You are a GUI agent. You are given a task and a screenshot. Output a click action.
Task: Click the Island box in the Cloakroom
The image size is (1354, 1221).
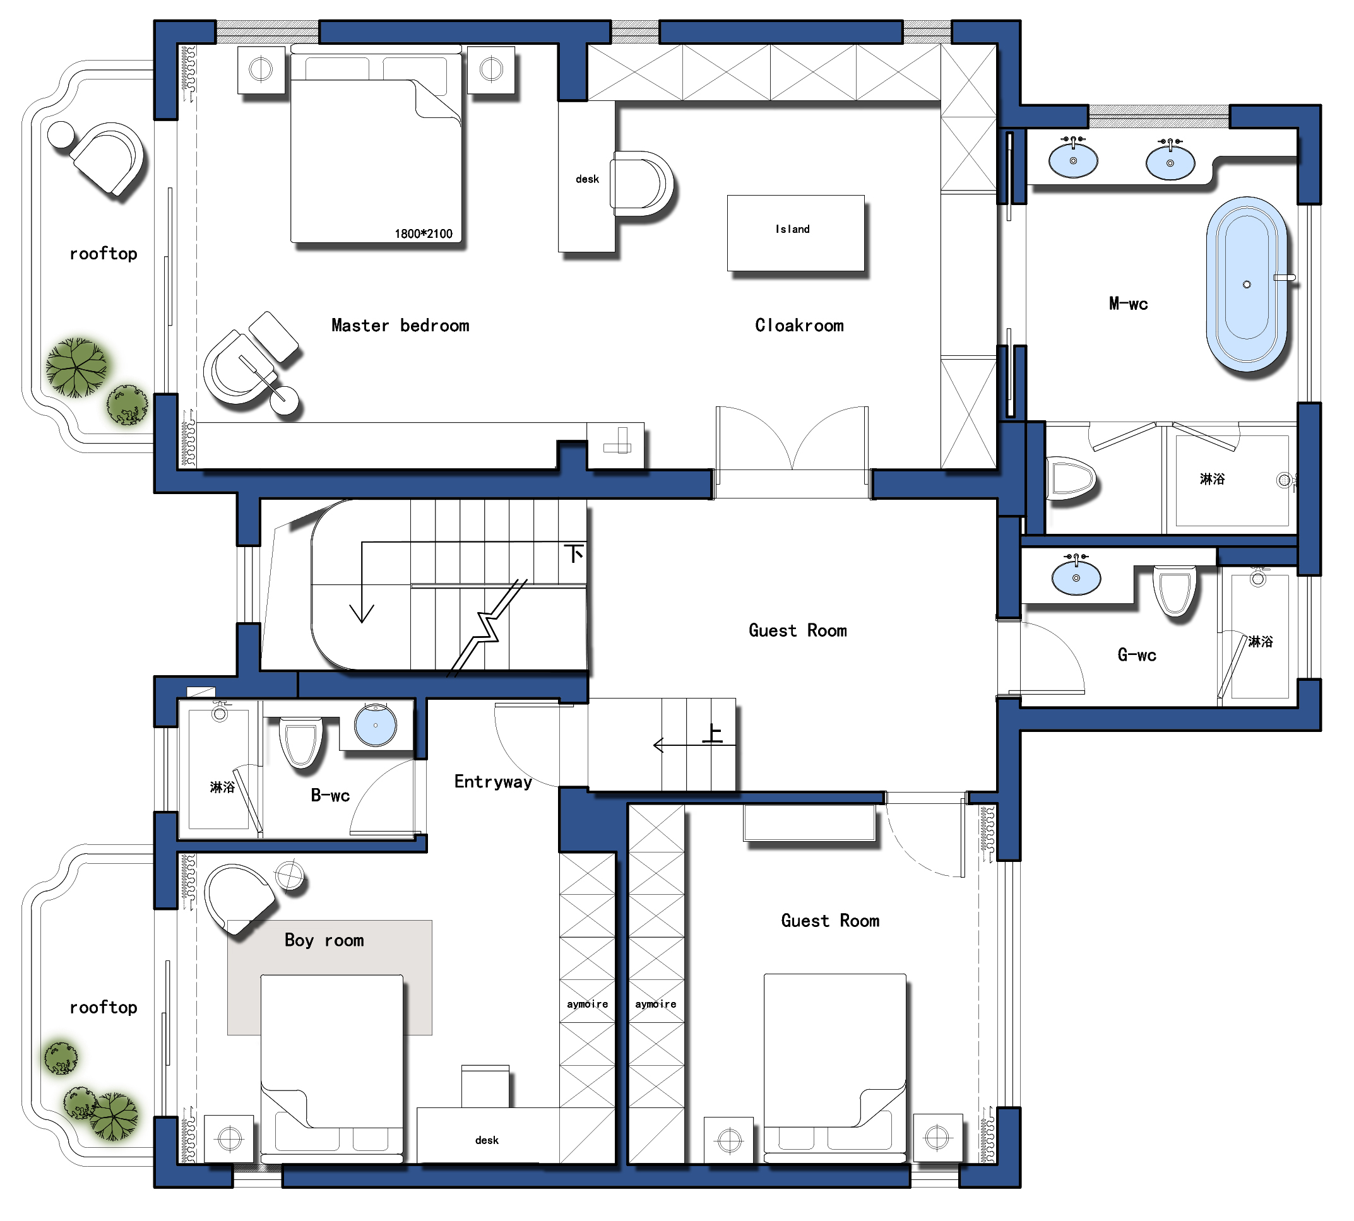pyautogui.click(x=795, y=233)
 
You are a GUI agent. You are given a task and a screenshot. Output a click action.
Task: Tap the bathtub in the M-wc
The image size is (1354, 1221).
pyautogui.click(x=1247, y=284)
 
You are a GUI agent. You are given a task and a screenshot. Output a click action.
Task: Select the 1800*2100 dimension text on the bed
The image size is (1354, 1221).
pyautogui.click(x=424, y=233)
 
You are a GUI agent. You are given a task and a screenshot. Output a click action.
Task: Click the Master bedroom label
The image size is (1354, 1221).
pyautogui.click(x=401, y=326)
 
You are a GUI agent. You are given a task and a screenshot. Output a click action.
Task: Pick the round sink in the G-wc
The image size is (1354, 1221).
pyautogui.click(x=1076, y=577)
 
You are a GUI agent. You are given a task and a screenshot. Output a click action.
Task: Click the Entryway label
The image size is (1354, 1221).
pyautogui.click(x=493, y=782)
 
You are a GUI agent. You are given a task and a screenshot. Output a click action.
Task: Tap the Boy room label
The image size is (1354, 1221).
pyautogui.click(x=324, y=940)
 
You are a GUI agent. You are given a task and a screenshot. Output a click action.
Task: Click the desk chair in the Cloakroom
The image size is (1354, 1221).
pyautogui.click(x=641, y=183)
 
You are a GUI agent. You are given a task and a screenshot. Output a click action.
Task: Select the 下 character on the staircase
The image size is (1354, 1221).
pyautogui.click(x=574, y=553)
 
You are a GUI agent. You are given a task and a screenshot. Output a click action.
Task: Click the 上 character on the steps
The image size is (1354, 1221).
pyautogui.click(x=712, y=733)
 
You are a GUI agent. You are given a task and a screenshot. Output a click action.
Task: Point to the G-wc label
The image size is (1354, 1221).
pyautogui.click(x=1137, y=655)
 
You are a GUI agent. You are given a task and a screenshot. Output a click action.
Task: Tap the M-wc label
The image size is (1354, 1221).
pyautogui.click(x=1128, y=304)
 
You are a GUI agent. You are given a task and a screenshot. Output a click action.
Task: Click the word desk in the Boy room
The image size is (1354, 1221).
pyautogui.click(x=487, y=1140)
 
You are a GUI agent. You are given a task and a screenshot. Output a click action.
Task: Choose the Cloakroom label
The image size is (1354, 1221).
pyautogui.click(x=799, y=326)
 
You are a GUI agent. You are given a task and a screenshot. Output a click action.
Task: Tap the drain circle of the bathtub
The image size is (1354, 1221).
pyautogui.click(x=1247, y=285)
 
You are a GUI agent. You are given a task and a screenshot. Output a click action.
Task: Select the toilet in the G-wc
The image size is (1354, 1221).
pyautogui.click(x=1175, y=591)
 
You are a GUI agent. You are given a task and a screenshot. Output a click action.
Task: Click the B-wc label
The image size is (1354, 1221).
pyautogui.click(x=330, y=796)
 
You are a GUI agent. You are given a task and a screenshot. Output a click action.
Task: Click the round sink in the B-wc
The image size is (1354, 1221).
pyautogui.click(x=376, y=724)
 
